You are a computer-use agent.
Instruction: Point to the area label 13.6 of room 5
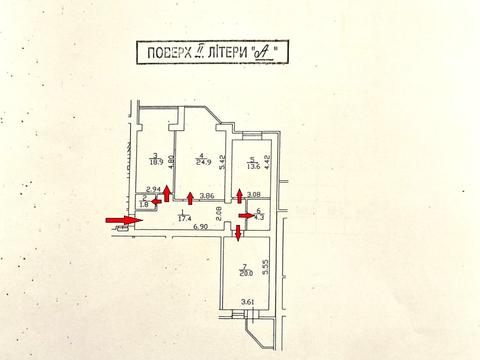click(253, 166)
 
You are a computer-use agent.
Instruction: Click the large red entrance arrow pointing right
click(124, 221)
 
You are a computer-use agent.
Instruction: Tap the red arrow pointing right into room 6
click(245, 213)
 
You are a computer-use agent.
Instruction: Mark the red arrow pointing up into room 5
click(238, 194)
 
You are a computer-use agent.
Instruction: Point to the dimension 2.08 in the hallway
click(218, 211)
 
